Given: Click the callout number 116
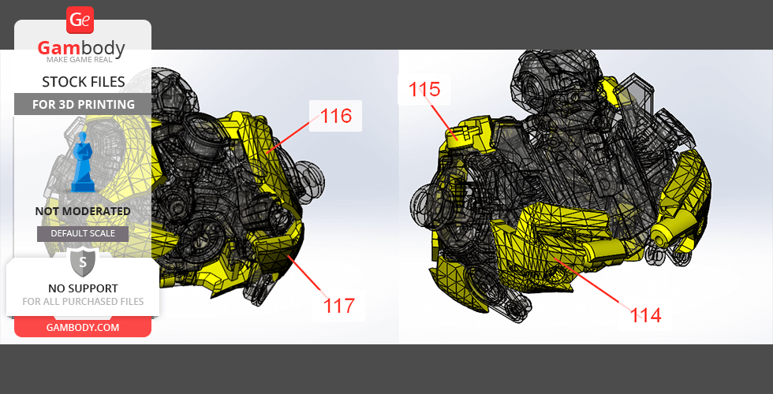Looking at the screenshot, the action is pyautogui.click(x=336, y=117).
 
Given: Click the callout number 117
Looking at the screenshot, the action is pyautogui.click(x=339, y=306).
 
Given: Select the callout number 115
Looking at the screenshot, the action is pyautogui.click(x=424, y=90).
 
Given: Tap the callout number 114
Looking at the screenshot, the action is pyautogui.click(x=646, y=315).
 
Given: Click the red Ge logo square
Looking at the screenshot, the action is pyautogui.click(x=80, y=20).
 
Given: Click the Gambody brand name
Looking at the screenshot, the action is pyautogui.click(x=81, y=48).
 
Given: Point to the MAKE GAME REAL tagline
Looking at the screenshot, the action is pyautogui.click(x=80, y=60).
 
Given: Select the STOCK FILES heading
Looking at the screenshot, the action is pyautogui.click(x=84, y=82).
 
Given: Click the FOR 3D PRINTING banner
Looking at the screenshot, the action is pyautogui.click(x=83, y=104).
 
